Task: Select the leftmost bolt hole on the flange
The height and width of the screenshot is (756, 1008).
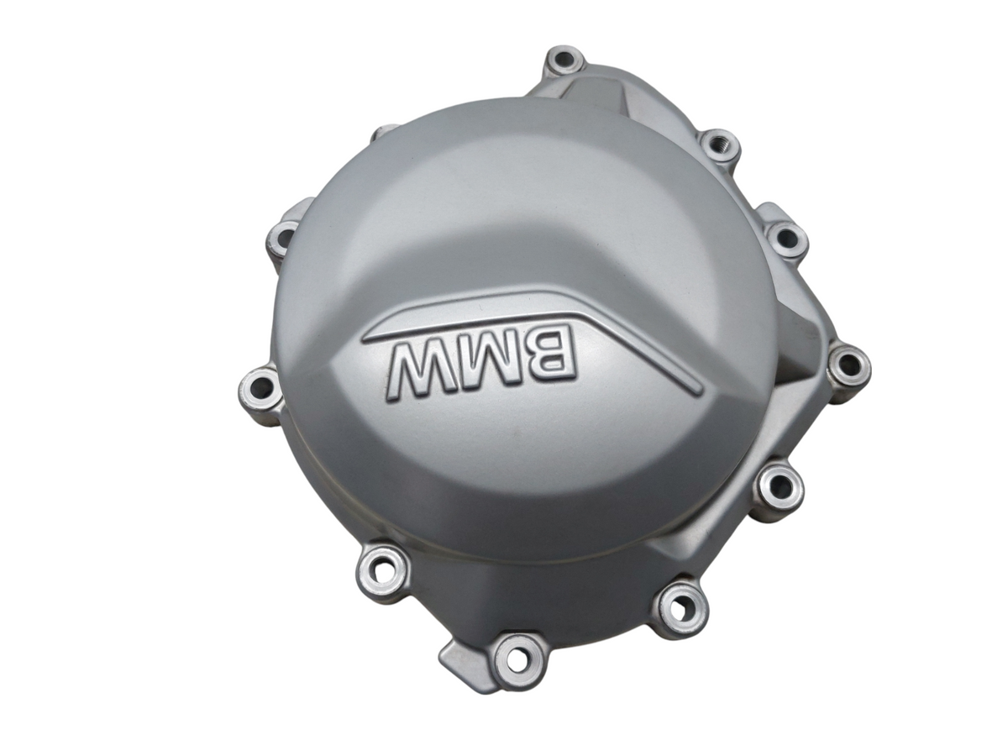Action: coord(260,395)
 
